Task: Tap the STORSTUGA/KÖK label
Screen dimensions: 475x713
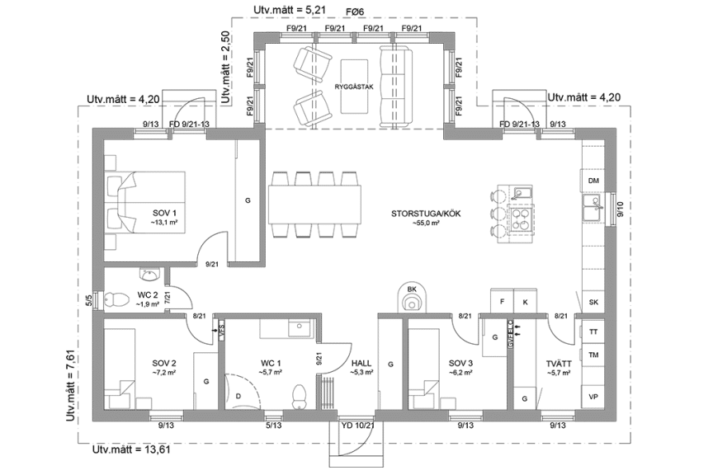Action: pos(426,214)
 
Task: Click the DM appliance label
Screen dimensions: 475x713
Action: pos(593,181)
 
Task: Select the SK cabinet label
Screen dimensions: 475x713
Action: pos(593,303)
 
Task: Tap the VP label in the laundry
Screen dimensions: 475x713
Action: pos(593,396)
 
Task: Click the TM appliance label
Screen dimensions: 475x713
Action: pos(593,355)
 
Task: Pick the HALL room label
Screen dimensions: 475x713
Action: pos(361,363)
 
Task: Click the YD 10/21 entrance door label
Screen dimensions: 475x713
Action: pos(357,426)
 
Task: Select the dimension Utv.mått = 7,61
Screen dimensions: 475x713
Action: pos(72,385)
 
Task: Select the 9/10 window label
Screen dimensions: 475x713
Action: pos(621,211)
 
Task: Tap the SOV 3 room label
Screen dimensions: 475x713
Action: pos(461,363)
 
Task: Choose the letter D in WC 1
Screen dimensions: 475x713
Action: pos(238,396)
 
